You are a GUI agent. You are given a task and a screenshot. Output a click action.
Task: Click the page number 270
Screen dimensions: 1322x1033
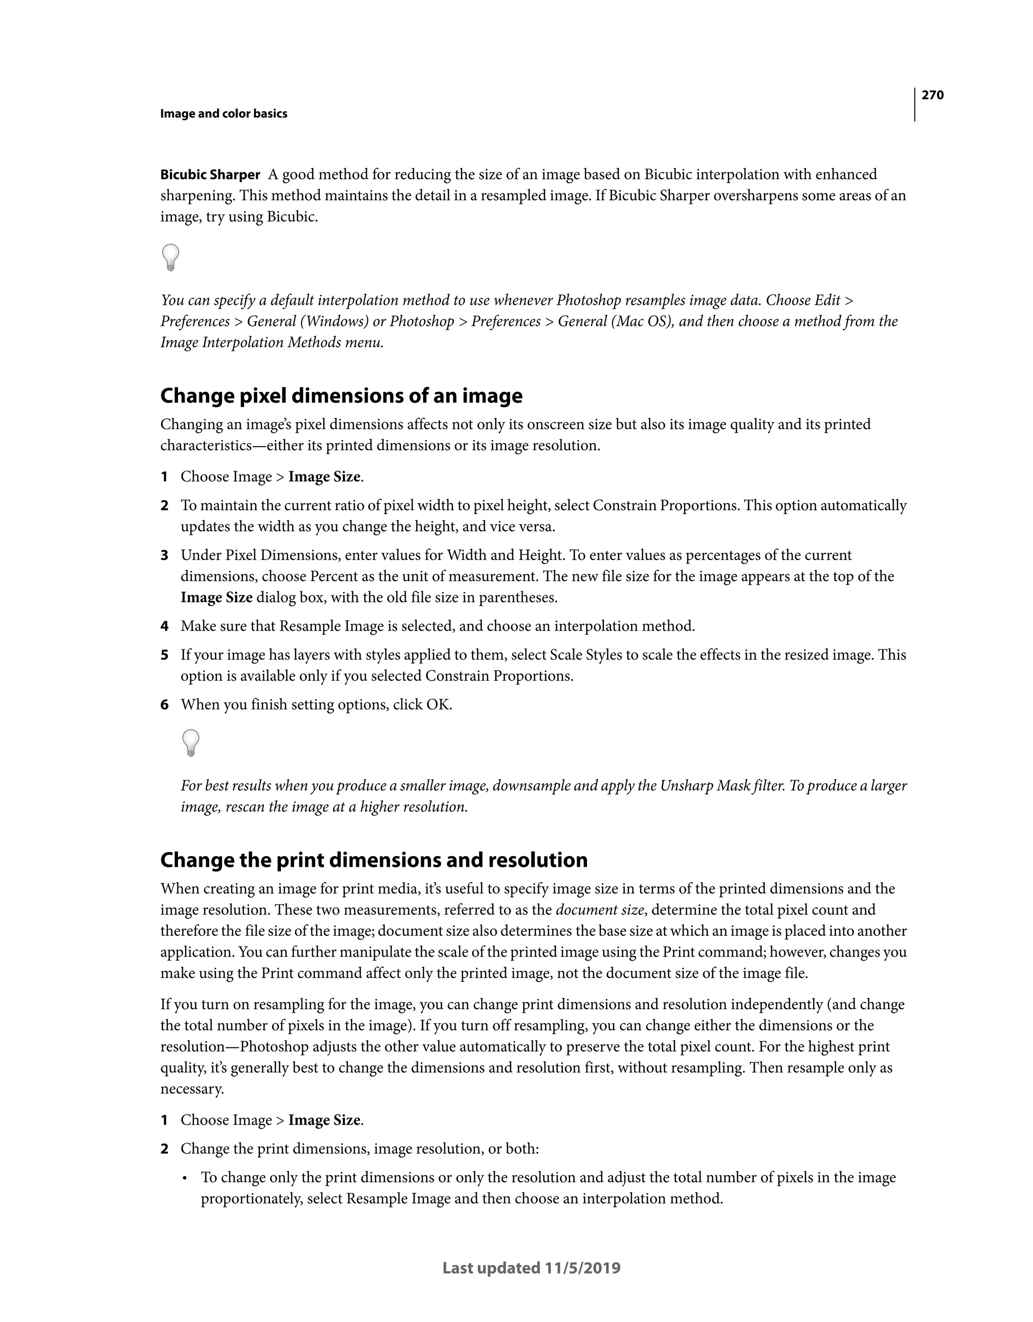coord(932,95)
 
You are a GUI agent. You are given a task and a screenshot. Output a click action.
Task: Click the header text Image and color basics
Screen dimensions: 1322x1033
coord(223,114)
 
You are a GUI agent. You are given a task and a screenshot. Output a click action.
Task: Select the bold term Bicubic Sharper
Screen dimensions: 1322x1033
coord(210,175)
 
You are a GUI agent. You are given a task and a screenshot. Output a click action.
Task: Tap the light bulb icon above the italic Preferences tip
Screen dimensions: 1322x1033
coord(170,257)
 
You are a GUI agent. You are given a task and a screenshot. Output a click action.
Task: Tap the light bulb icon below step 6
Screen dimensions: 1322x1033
coord(191,742)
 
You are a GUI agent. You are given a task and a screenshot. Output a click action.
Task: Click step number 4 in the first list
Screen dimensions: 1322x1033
coord(164,626)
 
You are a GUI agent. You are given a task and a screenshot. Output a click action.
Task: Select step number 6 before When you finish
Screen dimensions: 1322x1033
coord(164,704)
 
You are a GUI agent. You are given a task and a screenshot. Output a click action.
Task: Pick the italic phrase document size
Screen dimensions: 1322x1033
coord(599,910)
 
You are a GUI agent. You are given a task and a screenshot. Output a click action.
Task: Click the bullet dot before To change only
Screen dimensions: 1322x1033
coord(186,1178)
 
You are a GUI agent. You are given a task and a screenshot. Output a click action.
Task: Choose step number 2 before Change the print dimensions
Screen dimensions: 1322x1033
coord(164,1149)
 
